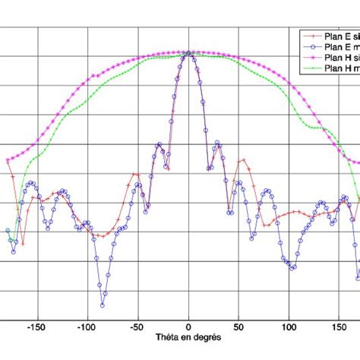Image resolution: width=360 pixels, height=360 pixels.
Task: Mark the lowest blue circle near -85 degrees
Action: (x=102, y=305)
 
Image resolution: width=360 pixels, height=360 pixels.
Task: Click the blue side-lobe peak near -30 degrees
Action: (x=159, y=144)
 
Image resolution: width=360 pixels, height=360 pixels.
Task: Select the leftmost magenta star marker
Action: (x=7, y=159)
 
